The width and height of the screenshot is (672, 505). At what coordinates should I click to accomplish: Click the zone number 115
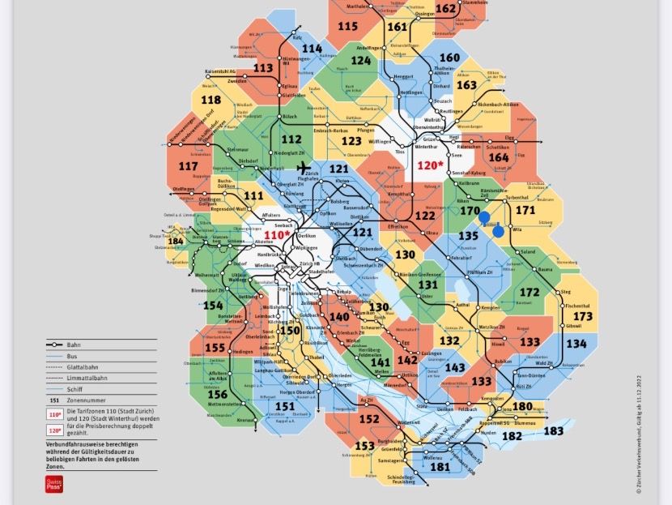tap(347, 26)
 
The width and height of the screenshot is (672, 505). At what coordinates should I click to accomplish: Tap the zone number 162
tap(446, 9)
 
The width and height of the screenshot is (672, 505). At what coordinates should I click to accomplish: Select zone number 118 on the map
tap(211, 101)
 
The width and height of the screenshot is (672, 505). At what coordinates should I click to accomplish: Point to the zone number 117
tap(187, 167)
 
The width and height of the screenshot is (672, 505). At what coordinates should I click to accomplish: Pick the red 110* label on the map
tap(277, 234)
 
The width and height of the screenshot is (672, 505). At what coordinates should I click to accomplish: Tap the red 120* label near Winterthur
tap(431, 165)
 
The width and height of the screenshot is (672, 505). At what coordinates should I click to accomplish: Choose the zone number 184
tap(176, 241)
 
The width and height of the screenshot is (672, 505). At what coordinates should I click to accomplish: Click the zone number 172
tap(530, 292)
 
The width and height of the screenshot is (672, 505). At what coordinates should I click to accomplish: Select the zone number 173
tap(582, 316)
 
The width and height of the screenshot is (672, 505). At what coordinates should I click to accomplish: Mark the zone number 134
tap(576, 344)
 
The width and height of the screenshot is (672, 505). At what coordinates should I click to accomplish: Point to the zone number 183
tap(553, 431)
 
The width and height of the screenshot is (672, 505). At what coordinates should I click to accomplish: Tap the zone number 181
tap(440, 467)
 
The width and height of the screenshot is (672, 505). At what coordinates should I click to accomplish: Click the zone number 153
tap(365, 446)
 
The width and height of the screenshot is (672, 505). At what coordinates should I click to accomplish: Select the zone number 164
tap(500, 157)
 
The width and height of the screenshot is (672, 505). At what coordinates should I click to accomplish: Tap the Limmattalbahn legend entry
tap(89, 377)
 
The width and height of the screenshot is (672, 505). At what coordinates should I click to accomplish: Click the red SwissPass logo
tap(53, 484)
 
